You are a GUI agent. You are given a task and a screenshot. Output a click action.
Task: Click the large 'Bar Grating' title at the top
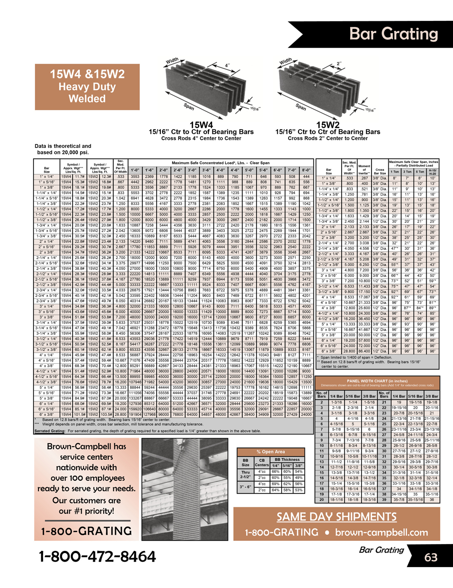394,34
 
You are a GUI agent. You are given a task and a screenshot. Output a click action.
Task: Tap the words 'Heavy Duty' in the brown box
87,87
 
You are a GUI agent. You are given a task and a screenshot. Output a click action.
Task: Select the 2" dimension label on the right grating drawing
339,64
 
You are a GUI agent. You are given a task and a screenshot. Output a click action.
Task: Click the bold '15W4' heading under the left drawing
201,125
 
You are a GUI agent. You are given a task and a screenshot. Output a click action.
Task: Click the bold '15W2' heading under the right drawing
328,125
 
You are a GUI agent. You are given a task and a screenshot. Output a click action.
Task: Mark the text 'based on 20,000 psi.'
63,153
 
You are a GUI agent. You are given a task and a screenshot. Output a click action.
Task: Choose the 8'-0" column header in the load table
306,170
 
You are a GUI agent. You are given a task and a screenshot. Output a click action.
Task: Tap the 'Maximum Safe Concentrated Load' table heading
220,163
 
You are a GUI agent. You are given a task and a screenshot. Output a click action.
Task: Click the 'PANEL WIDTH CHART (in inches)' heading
377,381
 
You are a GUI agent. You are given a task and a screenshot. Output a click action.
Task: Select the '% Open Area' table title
270,451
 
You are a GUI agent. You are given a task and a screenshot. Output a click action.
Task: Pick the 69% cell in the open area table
275,484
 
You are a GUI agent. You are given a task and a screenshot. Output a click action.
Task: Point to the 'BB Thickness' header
287,459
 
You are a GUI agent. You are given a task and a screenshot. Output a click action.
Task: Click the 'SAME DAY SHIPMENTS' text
337,517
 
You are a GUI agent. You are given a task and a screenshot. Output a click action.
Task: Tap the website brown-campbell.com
381,532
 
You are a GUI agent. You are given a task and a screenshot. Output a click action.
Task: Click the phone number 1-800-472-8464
97,556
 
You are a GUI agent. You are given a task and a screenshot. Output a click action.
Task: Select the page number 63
431,557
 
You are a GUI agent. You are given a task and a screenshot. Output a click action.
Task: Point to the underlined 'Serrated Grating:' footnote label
50,431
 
